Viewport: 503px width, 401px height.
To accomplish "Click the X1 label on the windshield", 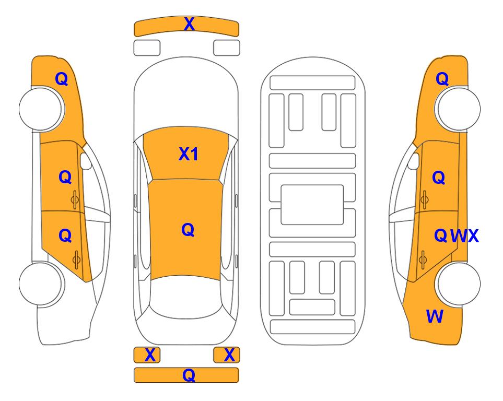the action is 189,155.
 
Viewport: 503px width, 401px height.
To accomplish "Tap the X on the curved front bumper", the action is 189,24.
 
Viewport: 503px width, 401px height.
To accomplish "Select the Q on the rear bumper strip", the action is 189,375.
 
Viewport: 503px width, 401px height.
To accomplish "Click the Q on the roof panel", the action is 188,230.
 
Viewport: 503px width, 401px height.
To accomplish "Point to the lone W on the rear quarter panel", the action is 435,316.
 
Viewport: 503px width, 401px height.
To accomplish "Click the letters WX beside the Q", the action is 464,236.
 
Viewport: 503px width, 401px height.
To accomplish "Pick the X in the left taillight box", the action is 150,355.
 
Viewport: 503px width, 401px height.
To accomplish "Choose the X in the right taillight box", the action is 229,355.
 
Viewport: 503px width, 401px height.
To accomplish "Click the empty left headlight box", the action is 147,48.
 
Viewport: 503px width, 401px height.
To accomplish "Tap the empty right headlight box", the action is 227,48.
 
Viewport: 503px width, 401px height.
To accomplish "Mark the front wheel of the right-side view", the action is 458,109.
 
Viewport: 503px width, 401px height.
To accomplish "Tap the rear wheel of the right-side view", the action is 458,284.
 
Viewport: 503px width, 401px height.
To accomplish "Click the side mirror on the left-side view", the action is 86,161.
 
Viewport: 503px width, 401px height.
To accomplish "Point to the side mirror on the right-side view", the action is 414,161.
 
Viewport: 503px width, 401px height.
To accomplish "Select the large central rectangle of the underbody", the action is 312,205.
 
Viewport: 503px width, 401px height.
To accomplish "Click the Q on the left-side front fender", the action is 62,79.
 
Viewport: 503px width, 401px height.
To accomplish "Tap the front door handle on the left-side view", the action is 75,199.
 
